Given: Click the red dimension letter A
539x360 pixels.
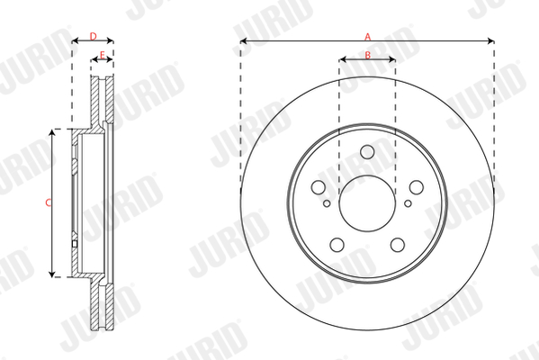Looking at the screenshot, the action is [367, 36].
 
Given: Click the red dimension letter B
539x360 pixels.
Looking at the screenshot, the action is [367, 55].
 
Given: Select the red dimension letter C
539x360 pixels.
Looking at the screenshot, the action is [48, 202].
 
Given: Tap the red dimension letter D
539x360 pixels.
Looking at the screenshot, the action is [94, 36].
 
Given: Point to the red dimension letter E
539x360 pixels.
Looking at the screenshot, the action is [102, 55].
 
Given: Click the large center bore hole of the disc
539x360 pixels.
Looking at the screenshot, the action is [367, 203].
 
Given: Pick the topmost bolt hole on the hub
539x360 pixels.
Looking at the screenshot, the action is [367, 151].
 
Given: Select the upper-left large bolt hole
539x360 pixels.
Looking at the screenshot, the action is [318, 187].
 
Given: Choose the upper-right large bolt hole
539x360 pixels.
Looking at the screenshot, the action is [417, 187].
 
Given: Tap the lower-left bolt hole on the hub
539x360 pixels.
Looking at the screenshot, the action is [337, 245].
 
